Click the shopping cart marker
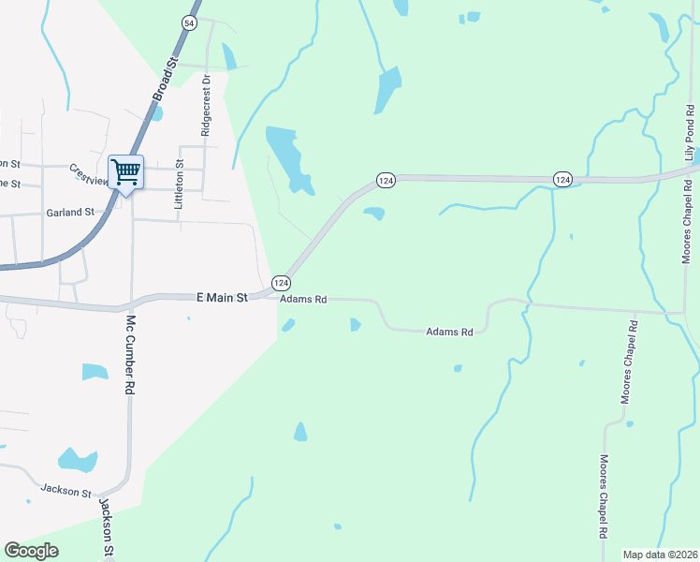tap(125, 172)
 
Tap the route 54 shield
tap(190, 23)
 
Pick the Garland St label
tap(70, 213)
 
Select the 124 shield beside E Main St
tap(281, 282)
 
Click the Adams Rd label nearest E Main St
tap(304, 300)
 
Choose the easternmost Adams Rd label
tap(450, 332)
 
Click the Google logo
tap(32, 551)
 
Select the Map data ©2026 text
tap(659, 555)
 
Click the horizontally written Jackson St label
tap(66, 490)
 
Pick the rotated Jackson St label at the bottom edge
tap(108, 528)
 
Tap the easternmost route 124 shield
tap(561, 179)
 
